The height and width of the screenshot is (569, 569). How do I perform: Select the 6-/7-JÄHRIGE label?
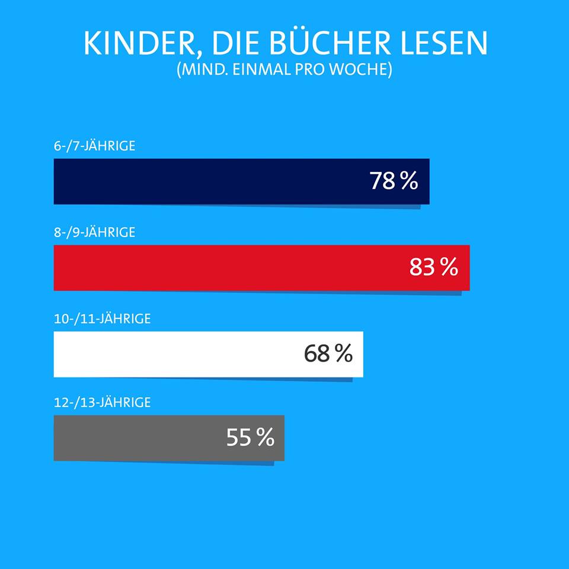[x=94, y=146]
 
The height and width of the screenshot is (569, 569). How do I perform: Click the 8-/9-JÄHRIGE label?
[x=94, y=232]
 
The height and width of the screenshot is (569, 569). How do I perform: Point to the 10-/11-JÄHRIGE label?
[x=102, y=319]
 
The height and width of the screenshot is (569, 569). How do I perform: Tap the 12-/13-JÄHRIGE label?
[x=102, y=403]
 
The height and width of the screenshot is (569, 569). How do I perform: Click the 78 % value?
[x=394, y=181]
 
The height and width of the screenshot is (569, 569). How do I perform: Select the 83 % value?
[x=433, y=267]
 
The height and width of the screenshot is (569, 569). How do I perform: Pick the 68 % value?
[x=328, y=354]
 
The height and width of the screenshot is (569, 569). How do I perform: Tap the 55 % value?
[x=250, y=438]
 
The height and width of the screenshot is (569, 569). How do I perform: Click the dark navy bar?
[x=207, y=181]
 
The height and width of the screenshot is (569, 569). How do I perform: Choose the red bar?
[x=225, y=268]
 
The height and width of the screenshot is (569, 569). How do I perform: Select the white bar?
[x=178, y=354]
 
